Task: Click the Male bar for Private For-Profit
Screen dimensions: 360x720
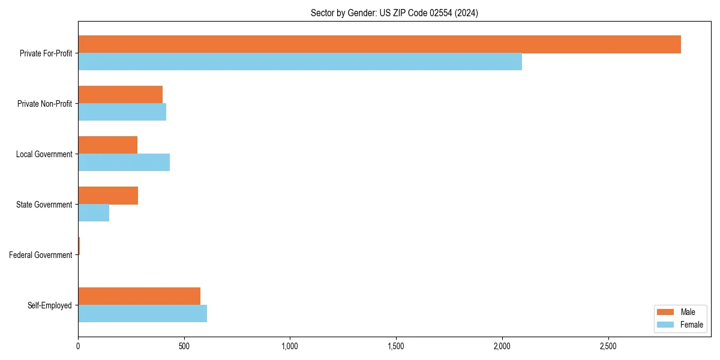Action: (x=379, y=44)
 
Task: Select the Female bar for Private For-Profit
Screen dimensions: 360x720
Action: (x=300, y=62)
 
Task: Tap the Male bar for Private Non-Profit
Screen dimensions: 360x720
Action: (x=120, y=95)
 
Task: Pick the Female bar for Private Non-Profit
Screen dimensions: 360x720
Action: (x=122, y=112)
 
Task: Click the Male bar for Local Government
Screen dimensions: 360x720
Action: (x=107, y=145)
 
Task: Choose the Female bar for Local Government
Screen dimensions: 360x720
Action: (x=124, y=163)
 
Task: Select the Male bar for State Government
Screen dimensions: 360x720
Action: (x=108, y=196)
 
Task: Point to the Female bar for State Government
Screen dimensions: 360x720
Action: (x=94, y=213)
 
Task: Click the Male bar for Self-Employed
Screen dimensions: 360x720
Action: (x=139, y=296)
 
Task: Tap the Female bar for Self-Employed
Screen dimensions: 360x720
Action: (x=142, y=314)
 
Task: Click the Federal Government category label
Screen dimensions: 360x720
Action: (x=41, y=255)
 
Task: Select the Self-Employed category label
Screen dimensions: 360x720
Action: (x=50, y=305)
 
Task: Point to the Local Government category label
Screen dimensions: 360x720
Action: (x=44, y=154)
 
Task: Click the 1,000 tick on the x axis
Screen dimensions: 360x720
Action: (x=290, y=346)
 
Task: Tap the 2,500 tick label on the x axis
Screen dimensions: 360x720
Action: (x=608, y=346)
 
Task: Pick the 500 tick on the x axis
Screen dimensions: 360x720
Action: (x=184, y=346)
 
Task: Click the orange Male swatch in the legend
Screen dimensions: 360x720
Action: (x=666, y=312)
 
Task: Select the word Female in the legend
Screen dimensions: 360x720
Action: (x=692, y=325)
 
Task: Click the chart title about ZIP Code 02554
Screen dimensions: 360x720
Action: (x=394, y=13)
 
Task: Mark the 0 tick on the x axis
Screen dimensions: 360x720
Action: (x=78, y=346)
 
